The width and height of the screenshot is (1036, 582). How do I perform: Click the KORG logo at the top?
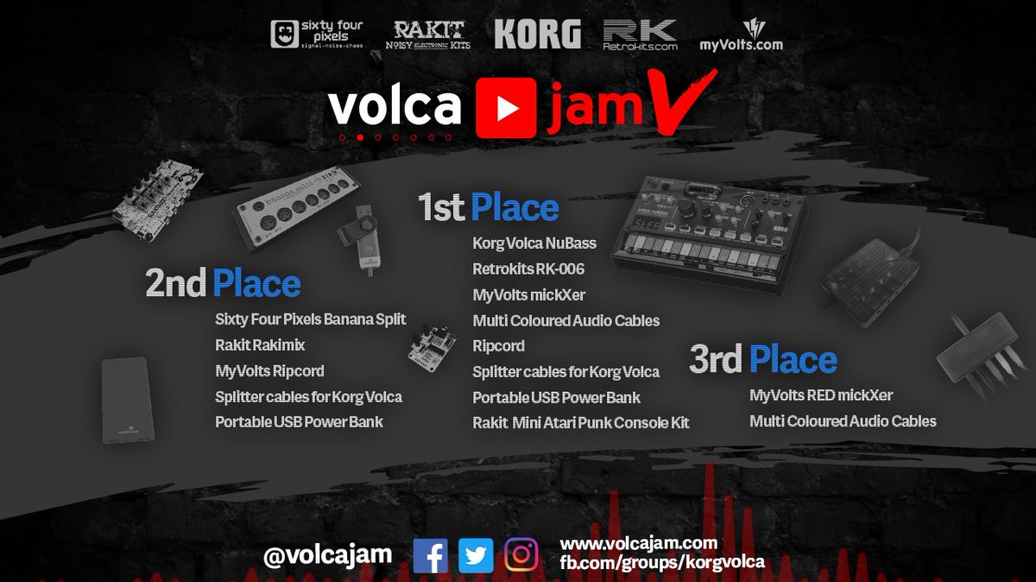point(537,35)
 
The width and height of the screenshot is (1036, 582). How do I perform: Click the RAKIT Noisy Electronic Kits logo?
point(432,35)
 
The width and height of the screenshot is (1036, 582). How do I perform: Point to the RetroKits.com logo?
point(640,35)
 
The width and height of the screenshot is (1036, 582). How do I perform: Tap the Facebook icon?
point(430,555)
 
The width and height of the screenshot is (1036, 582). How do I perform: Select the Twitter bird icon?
point(475,555)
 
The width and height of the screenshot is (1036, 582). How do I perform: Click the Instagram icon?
point(521,555)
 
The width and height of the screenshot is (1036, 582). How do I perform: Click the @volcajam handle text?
point(327,554)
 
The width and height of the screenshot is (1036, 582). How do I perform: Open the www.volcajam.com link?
point(639,543)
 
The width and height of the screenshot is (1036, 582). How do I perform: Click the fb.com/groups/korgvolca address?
point(662,562)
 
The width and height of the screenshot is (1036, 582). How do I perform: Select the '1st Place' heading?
point(489,208)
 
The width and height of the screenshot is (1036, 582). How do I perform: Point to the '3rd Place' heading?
point(763,359)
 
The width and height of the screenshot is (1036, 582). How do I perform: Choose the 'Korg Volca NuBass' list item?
point(534,244)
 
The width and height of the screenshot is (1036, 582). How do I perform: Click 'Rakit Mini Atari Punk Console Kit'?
point(580,423)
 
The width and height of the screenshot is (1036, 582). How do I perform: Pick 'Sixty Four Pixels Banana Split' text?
point(310,319)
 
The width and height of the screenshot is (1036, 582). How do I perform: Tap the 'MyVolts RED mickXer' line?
point(820,395)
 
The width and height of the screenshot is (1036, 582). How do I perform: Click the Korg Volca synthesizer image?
point(708,229)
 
